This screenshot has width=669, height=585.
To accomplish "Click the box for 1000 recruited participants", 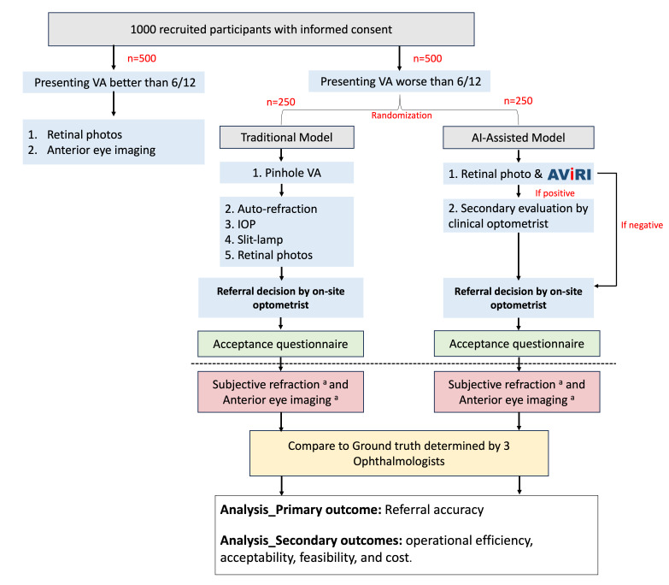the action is coord(261,29).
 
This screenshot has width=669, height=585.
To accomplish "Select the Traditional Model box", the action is coord(287,137).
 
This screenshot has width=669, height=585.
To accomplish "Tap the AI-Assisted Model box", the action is coord(519,138).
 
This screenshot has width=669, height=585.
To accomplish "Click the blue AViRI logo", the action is coord(569,174).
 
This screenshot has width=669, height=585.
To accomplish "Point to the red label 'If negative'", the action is coord(642,225).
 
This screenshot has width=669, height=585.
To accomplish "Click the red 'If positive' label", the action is coord(555,193).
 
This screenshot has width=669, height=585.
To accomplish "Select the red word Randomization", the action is coord(402,115).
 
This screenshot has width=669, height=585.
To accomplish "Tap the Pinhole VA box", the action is coord(287,173).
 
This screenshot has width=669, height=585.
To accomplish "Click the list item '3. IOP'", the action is coord(240,224).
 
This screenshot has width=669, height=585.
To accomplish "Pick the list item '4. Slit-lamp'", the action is coord(254,239).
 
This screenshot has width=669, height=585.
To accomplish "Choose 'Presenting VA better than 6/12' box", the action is coord(114,82).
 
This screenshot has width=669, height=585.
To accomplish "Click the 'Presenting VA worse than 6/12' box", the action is coord(399,81).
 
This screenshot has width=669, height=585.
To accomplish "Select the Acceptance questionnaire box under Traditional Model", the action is coord(280,344).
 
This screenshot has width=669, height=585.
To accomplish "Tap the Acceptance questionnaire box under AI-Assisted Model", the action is coord(517,343).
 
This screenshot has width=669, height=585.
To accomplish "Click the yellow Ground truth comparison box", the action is coord(399,453).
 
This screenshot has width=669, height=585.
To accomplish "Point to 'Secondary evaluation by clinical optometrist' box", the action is coord(519,216).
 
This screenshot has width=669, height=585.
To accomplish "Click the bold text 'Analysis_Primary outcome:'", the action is coord(301,510).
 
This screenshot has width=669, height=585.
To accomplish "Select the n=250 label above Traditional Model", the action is coord(281,102).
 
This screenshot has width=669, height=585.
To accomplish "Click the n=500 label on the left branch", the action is coord(142,58).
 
